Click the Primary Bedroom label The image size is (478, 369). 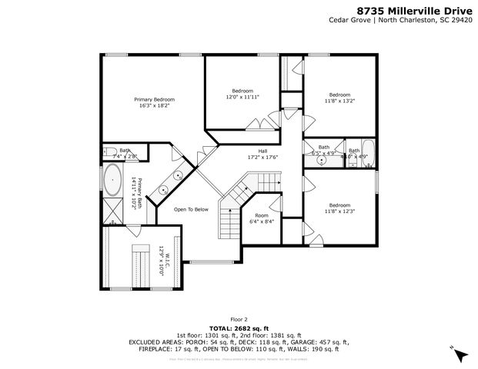[x=154, y=100]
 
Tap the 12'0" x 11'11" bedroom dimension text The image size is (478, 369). [x=242, y=98]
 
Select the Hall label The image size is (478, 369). [x=262, y=151]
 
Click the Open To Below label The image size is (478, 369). [x=191, y=209]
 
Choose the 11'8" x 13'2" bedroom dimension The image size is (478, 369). [x=339, y=100]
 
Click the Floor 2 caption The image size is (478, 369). [x=239, y=318]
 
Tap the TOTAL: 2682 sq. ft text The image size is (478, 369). [x=239, y=327]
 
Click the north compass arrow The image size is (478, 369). [x=460, y=354]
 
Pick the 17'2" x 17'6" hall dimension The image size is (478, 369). [x=262, y=157]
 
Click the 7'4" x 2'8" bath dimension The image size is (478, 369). [x=125, y=156]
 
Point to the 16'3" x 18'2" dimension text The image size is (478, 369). [x=154, y=106]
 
